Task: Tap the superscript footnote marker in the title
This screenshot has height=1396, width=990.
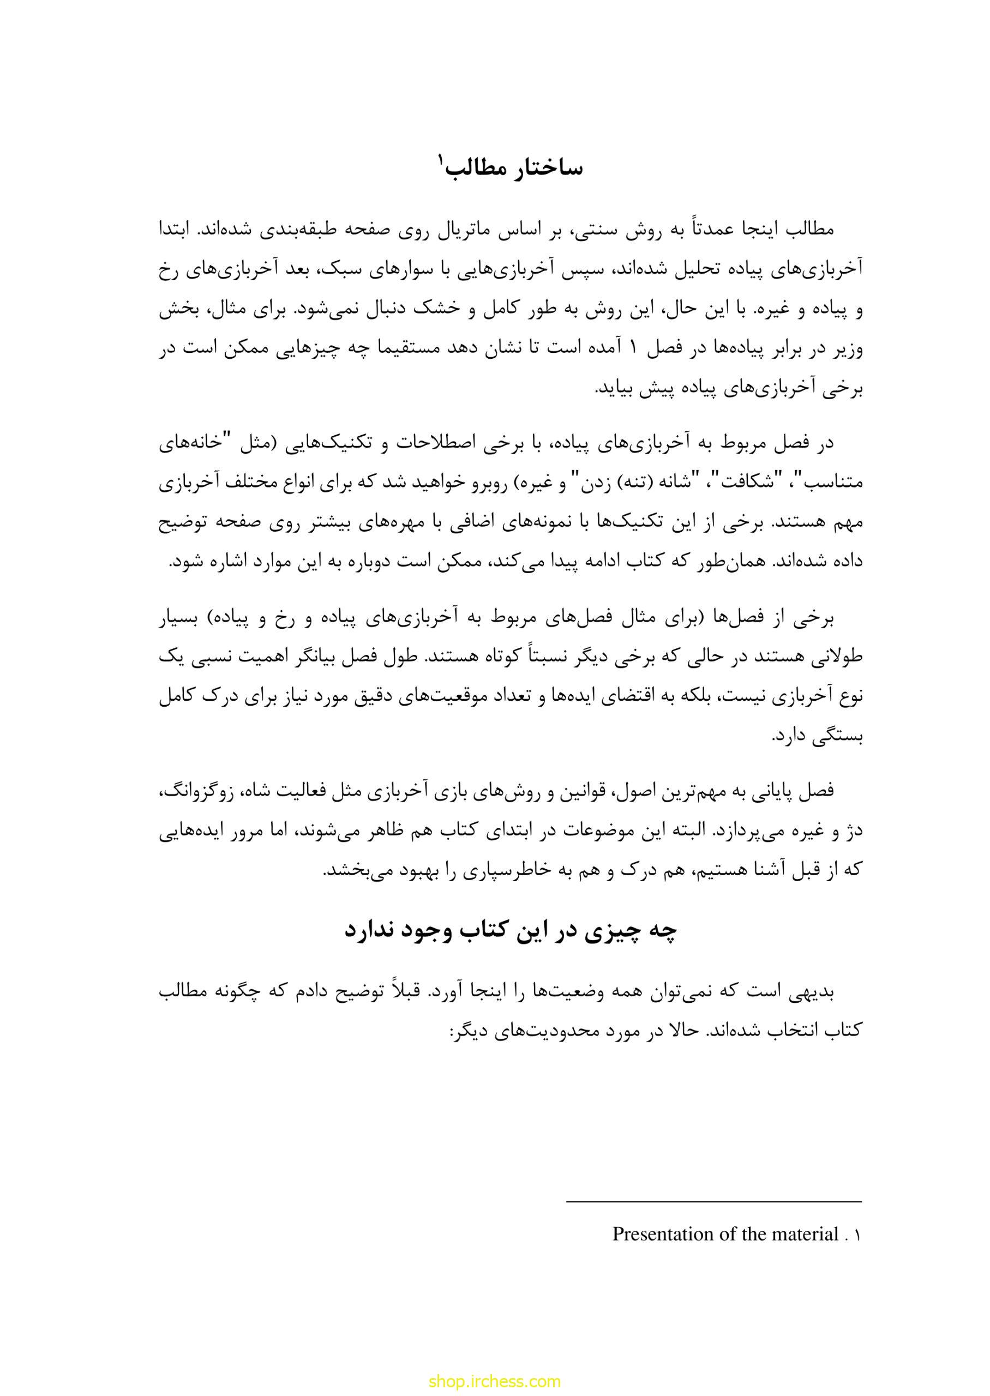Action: point(440,161)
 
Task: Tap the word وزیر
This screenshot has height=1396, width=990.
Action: point(847,351)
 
